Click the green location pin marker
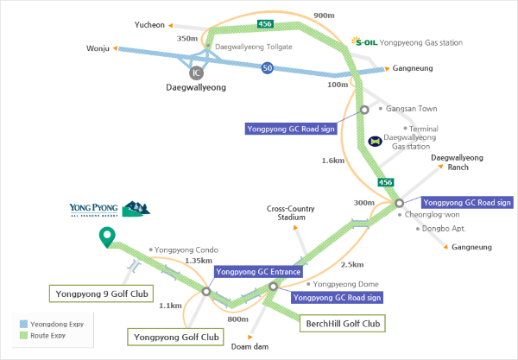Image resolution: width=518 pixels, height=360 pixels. [107, 236]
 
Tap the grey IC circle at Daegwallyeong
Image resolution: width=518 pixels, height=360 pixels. [197, 73]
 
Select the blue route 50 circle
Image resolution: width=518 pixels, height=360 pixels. [268, 69]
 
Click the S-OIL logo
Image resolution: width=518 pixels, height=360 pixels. [366, 41]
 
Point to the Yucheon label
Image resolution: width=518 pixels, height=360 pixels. [149, 26]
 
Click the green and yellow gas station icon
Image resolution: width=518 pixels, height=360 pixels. [375, 139]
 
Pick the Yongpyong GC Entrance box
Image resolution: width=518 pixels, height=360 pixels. [259, 272]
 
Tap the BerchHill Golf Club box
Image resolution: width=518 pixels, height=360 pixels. [342, 324]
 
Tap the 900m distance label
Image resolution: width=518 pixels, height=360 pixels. [324, 16]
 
